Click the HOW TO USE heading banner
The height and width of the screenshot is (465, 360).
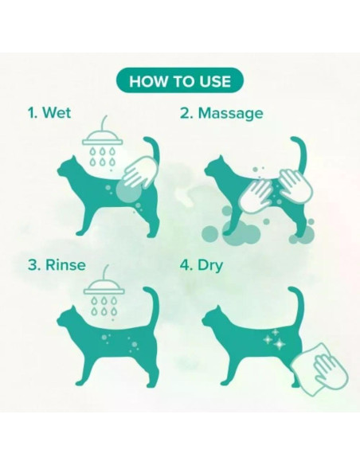coord(180,81)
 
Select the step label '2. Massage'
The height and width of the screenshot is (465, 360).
coord(221,113)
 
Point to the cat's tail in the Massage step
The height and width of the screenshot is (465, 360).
coord(299,151)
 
